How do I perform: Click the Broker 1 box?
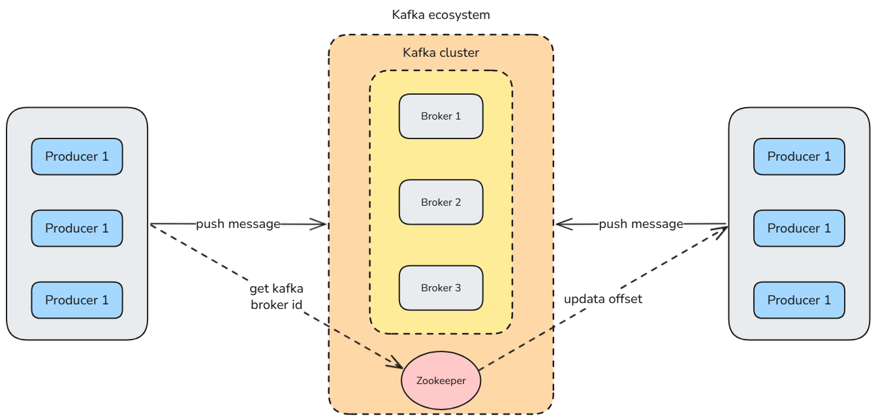[441, 116]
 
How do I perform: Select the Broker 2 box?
[441, 202]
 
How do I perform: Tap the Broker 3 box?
[441, 288]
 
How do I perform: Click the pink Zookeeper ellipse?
[441, 380]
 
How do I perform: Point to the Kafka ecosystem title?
[441, 14]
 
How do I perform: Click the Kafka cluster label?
[441, 53]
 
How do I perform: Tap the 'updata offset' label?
[602, 299]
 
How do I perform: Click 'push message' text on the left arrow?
[238, 224]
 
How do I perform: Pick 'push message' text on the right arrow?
[640, 224]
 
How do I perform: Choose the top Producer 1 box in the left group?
[77, 157]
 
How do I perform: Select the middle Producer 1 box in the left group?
[77, 229]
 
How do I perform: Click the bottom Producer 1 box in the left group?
[77, 300]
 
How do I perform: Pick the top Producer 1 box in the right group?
[799, 157]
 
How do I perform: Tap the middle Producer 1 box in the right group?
[799, 229]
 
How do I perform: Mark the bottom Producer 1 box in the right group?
[799, 300]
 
